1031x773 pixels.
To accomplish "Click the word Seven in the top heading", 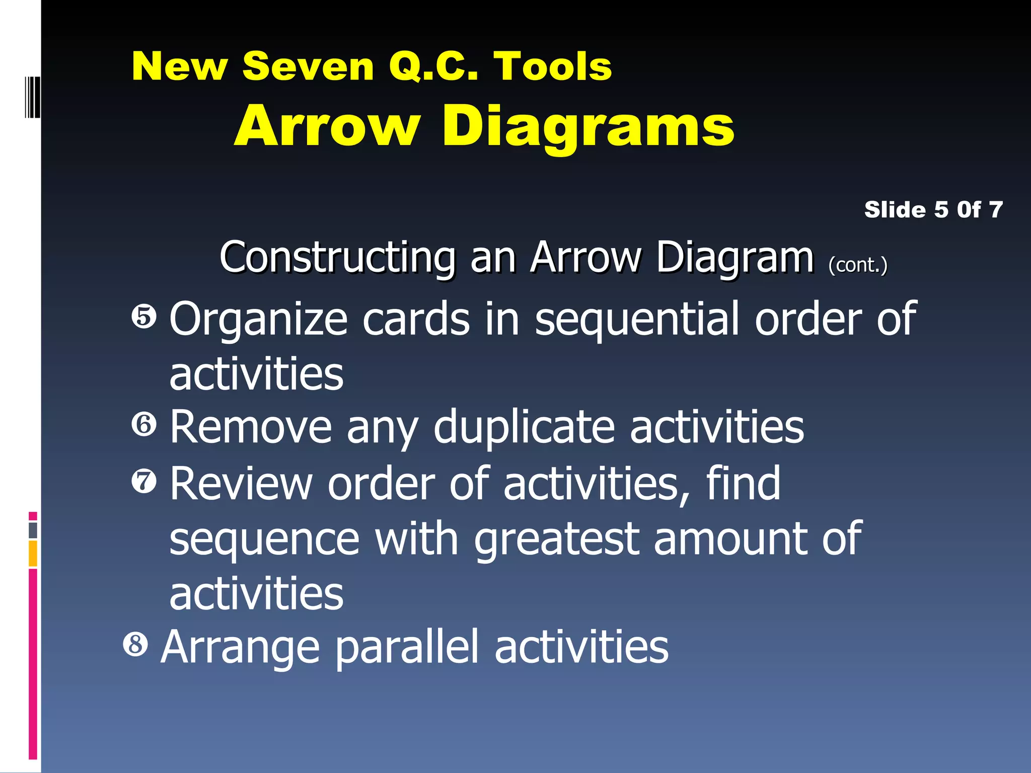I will click(x=308, y=66).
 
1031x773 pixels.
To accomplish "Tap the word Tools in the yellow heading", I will click(x=552, y=66).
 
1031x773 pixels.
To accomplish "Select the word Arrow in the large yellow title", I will click(x=327, y=126).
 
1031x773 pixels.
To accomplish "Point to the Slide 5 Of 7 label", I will click(x=933, y=210).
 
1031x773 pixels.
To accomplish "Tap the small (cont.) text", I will click(x=858, y=265).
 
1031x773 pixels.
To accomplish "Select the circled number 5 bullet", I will click(x=144, y=317).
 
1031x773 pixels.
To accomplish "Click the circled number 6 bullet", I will click(x=144, y=425).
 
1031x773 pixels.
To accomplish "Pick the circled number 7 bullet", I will click(x=144, y=481).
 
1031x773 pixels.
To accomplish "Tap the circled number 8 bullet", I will click(x=135, y=644).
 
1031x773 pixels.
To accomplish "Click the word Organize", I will click(x=258, y=320).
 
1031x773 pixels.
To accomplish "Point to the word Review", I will click(x=241, y=484).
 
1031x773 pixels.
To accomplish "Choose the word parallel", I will click(x=407, y=648).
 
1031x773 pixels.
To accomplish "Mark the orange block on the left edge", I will click(x=33, y=554).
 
